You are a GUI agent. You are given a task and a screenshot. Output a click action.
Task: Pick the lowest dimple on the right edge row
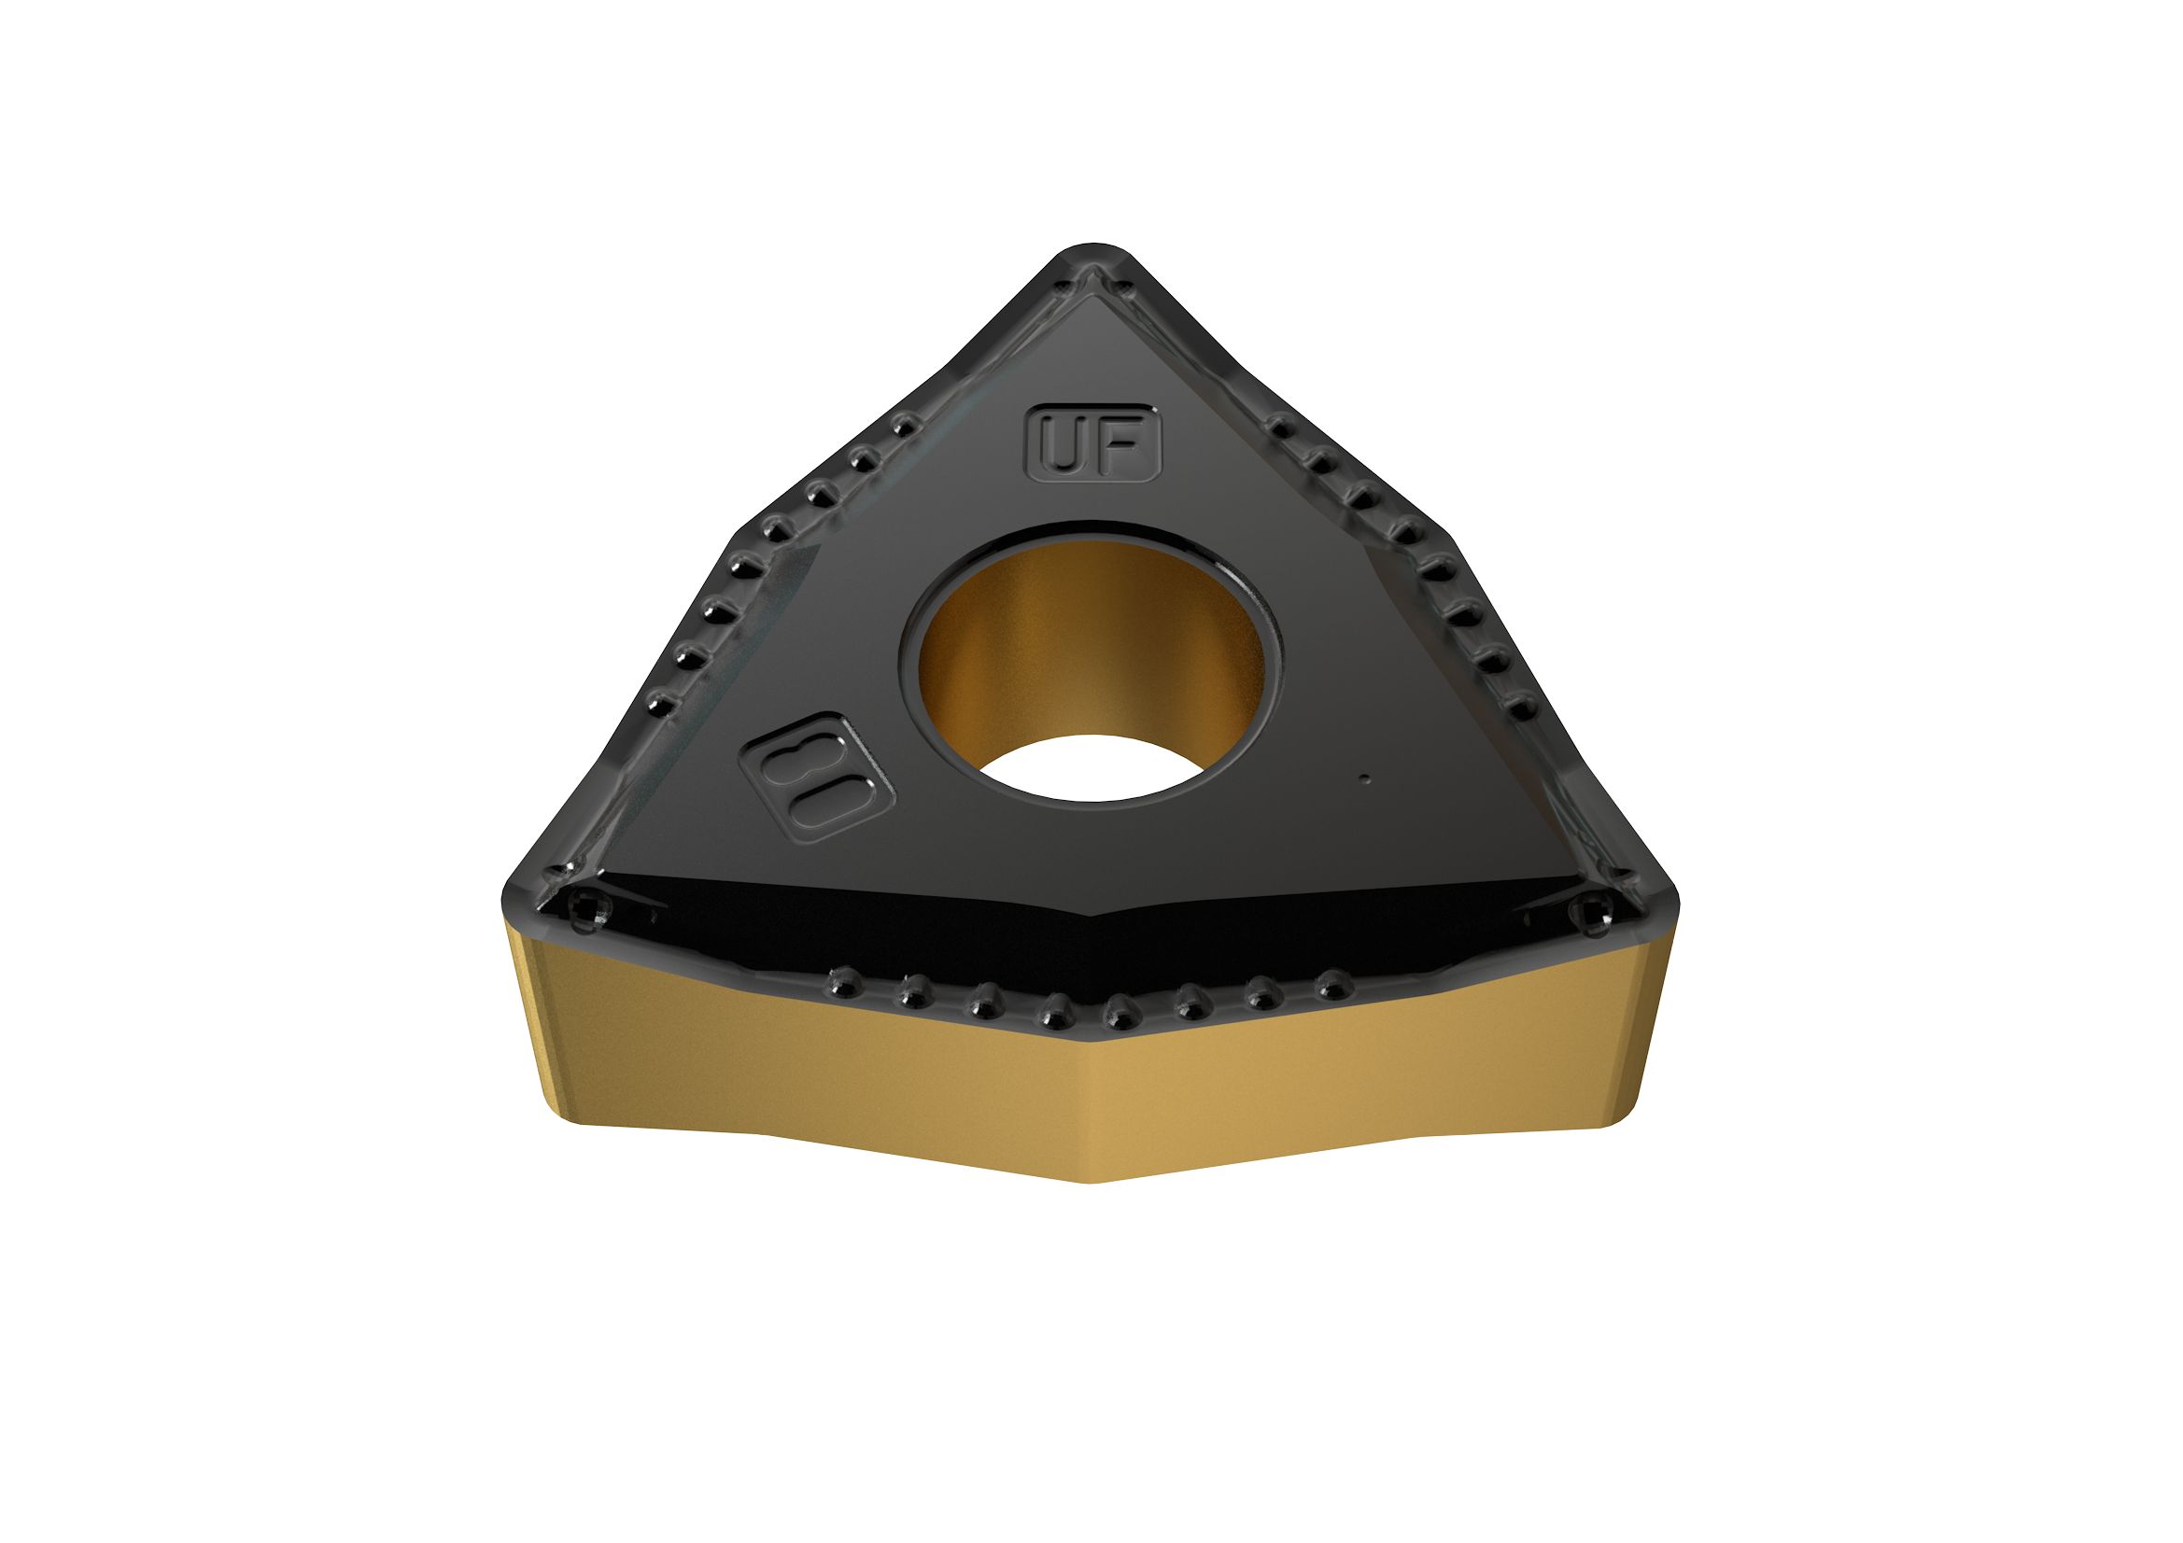pyautogui.click(x=1523, y=708)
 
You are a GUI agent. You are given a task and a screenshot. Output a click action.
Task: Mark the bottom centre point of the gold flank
pyautogui.click(x=1093, y=1180)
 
